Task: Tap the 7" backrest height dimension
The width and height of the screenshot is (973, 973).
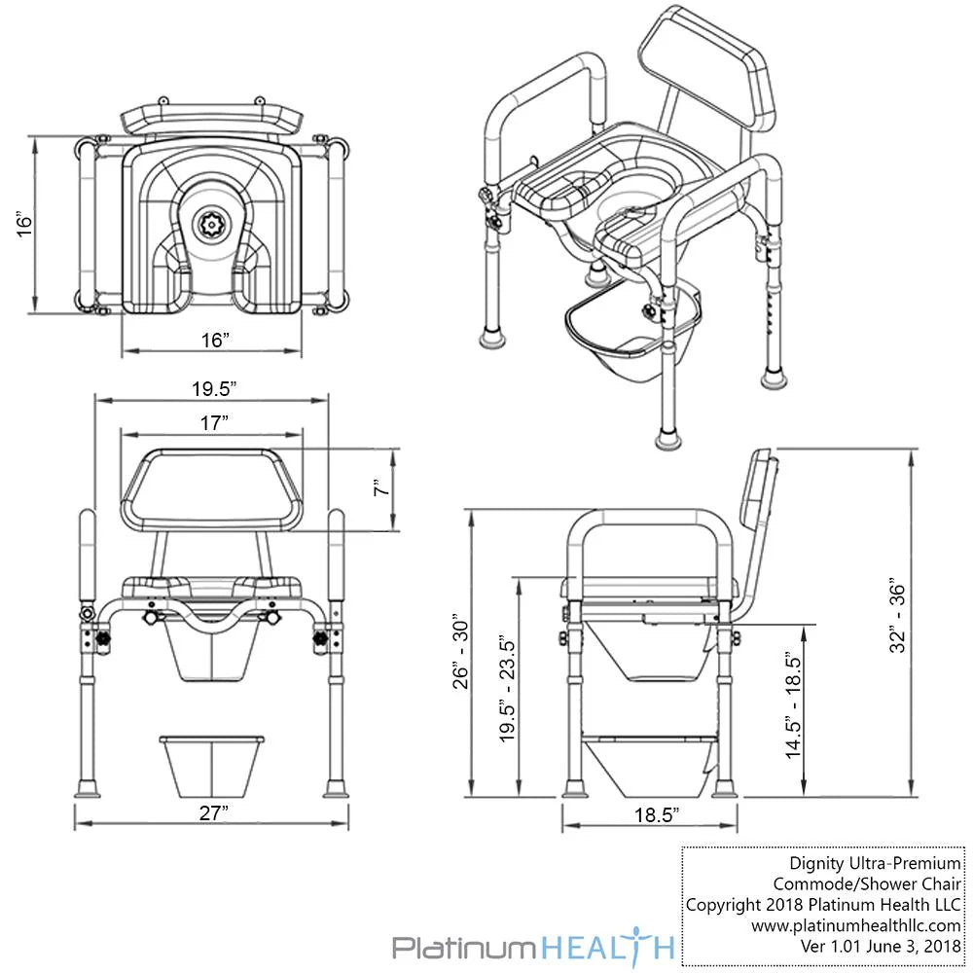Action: (381, 490)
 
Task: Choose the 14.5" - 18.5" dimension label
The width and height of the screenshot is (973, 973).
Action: (794, 706)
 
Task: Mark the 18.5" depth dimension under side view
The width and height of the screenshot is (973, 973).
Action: (650, 816)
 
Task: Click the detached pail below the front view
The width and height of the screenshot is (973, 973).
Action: (212, 762)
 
